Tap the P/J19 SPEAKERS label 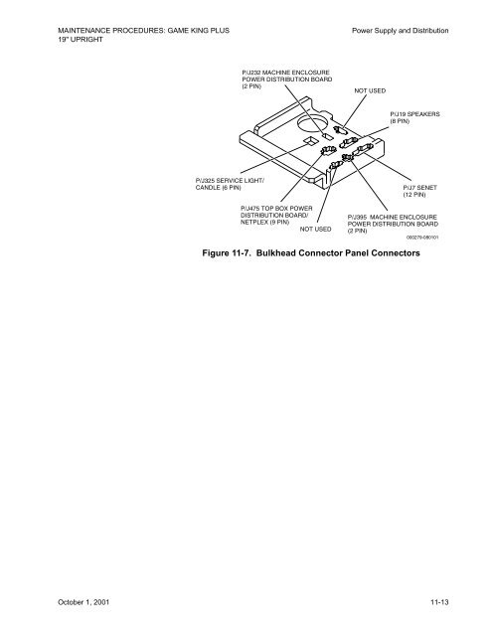pos(415,114)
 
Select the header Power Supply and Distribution pos(401,32)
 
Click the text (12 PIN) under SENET pos(415,195)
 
